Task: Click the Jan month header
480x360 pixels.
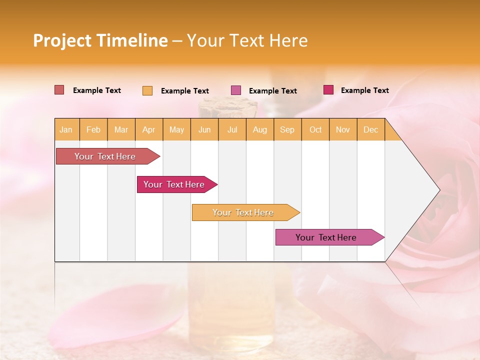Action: coord(66,129)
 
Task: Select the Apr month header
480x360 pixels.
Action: coord(149,129)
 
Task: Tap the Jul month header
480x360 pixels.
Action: coord(232,129)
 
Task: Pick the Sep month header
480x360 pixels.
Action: coord(287,129)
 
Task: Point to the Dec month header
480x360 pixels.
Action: coord(370,129)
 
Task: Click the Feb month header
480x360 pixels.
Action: coord(93,129)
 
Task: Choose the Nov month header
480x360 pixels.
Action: coord(343,129)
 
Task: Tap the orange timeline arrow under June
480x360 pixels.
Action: coord(243,212)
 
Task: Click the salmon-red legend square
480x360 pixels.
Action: coord(59,90)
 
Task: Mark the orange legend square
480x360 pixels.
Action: coord(147,90)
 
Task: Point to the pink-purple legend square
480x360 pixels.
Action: coord(236,90)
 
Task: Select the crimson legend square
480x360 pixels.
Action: coord(328,90)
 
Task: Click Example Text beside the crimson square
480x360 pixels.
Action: coord(364,90)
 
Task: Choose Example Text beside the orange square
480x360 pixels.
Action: coord(184,91)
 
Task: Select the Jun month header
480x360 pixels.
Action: coord(204,129)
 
